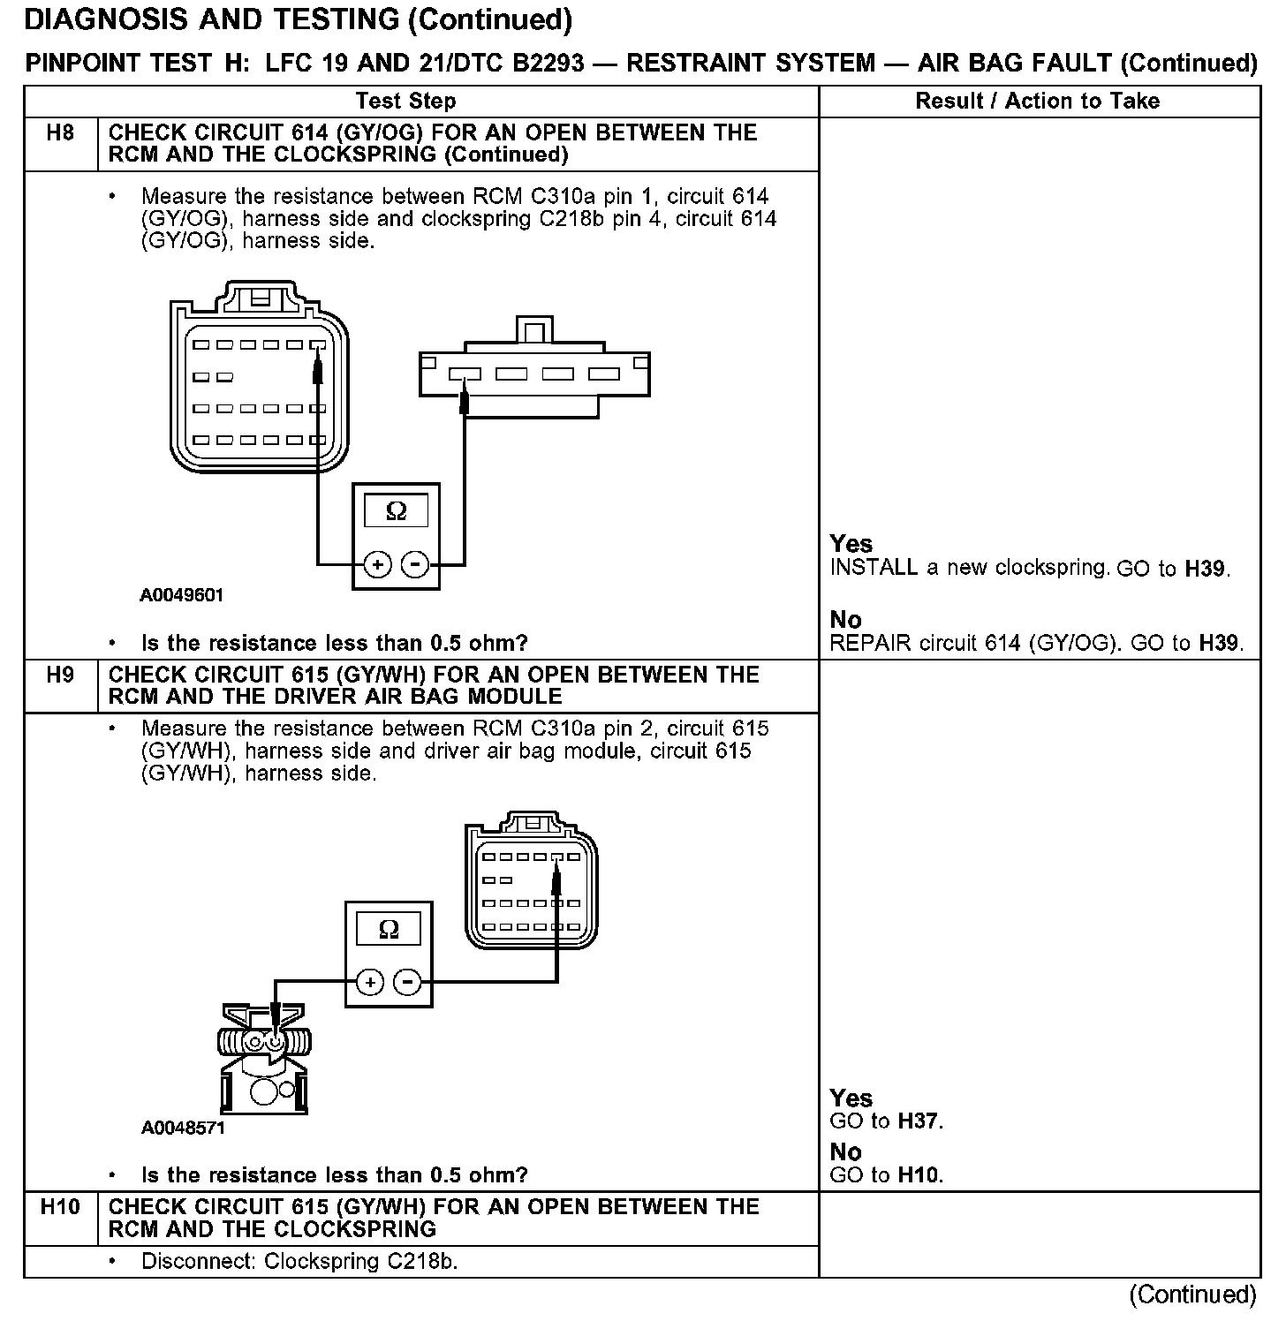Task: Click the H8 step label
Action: (60, 133)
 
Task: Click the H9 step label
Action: (60, 676)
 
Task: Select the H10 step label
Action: (60, 1207)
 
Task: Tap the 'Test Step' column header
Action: (406, 102)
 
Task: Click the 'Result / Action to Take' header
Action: (1037, 102)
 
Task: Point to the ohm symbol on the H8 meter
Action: (397, 511)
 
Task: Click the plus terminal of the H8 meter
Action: (377, 564)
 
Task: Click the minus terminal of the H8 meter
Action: (415, 564)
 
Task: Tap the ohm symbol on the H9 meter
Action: (389, 929)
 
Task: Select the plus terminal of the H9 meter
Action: (370, 982)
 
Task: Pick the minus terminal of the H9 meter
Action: (407, 982)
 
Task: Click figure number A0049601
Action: (182, 595)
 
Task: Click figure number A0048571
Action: (183, 1128)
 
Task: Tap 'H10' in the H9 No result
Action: (919, 1175)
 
